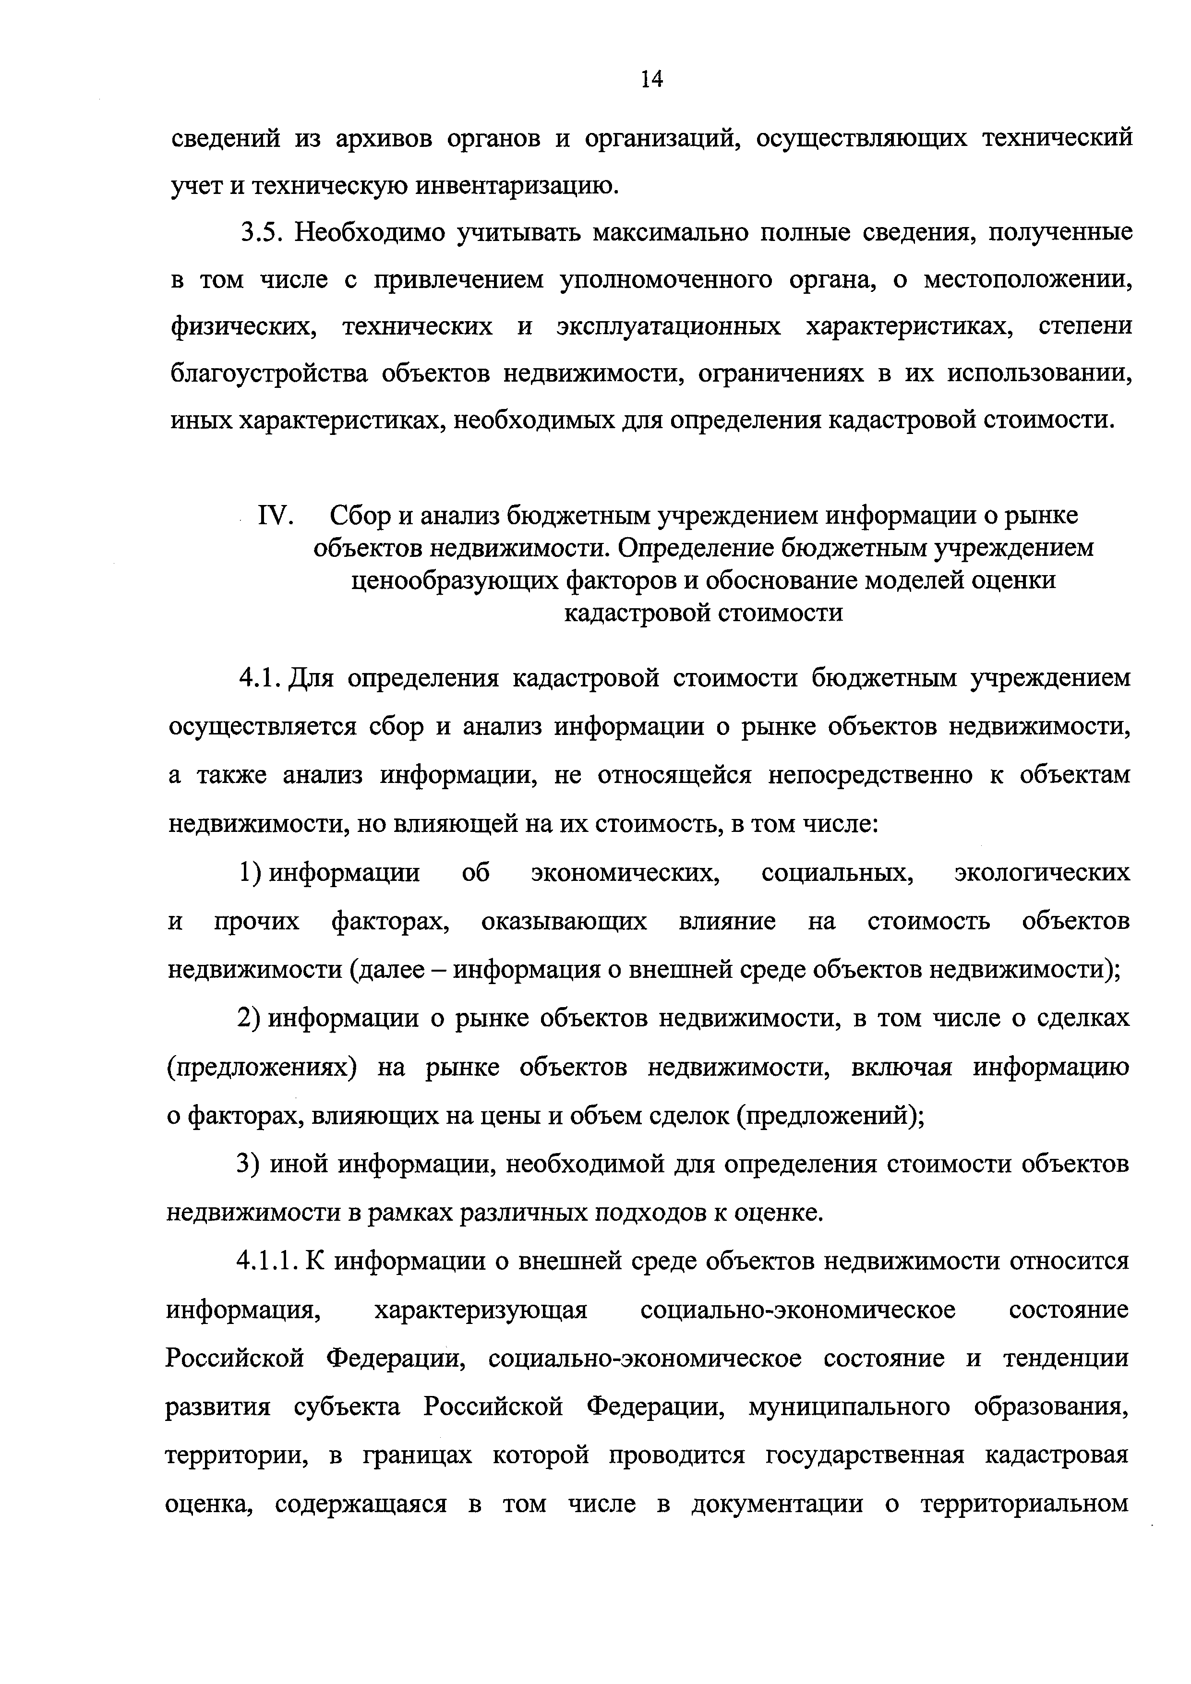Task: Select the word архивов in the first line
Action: pyautogui.click(x=381, y=138)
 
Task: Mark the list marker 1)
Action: pyautogui.click(x=250, y=873)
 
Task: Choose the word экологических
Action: pyautogui.click(x=1041, y=873)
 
